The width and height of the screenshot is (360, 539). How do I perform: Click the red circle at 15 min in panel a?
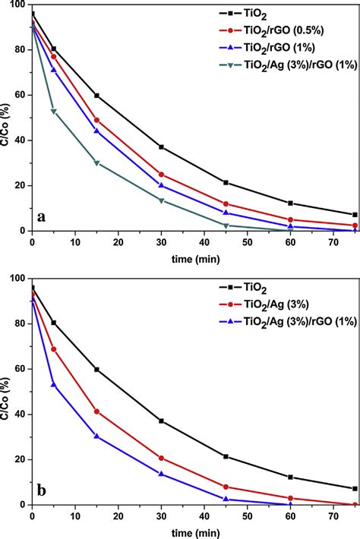pyautogui.click(x=96, y=120)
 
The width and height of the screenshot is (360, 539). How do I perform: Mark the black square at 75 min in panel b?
pyautogui.click(x=355, y=488)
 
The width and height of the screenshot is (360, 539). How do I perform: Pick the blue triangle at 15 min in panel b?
pyautogui.click(x=96, y=436)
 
